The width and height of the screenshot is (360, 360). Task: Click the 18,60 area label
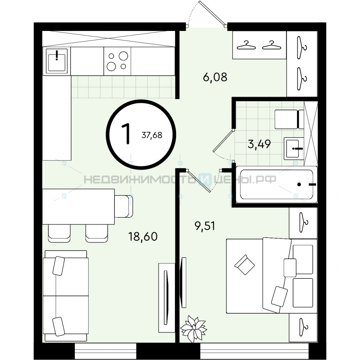[143, 237]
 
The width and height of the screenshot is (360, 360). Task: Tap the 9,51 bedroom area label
[205, 226]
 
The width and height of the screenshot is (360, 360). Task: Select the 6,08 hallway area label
[215, 77]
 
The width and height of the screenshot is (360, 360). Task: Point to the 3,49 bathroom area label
[259, 144]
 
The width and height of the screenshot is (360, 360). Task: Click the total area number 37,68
[152, 135]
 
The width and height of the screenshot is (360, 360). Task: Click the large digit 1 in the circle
[126, 134]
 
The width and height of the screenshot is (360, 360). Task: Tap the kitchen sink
[57, 61]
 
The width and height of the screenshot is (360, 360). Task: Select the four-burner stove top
[117, 61]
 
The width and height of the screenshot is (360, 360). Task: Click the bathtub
[276, 185]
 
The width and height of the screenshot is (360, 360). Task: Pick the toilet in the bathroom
[289, 119]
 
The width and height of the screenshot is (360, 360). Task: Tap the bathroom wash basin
[294, 148]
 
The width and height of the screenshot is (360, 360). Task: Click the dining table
[78, 206]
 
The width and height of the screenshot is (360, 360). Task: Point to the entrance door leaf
[212, 13]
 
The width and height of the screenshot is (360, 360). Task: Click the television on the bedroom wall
[183, 282]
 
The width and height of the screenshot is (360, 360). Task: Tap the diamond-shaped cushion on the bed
[244, 265]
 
